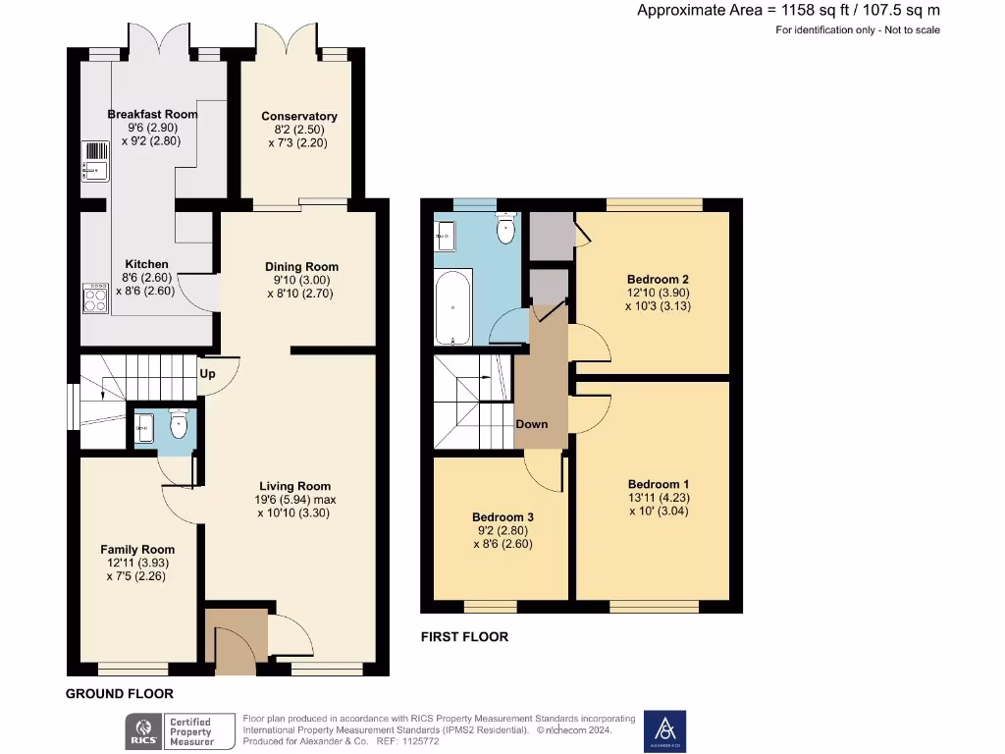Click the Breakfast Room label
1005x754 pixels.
[152, 114]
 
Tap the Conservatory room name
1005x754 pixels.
[298, 116]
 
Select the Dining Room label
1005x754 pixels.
[301, 266]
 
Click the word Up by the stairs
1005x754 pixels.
[207, 374]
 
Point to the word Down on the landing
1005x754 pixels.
[532, 424]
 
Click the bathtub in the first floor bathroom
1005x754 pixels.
[451, 307]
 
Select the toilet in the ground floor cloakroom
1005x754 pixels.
[179, 425]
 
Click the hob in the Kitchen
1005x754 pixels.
[96, 298]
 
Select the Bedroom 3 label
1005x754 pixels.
[502, 517]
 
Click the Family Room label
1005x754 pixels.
[137, 550]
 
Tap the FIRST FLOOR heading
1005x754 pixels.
[464, 637]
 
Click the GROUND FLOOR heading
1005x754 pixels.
[120, 694]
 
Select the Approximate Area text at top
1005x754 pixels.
[788, 11]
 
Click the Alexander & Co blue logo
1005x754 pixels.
[664, 731]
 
